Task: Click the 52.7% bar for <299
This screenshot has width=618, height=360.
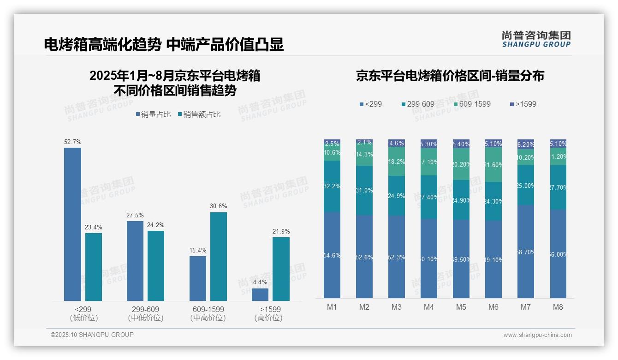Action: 72,224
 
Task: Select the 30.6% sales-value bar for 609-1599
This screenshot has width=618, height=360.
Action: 219,256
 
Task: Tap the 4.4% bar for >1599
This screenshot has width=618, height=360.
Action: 260,294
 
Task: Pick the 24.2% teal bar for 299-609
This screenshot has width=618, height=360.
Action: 156,265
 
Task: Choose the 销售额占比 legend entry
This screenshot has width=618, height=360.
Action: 199,114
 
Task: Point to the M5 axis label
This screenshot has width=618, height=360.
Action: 461,307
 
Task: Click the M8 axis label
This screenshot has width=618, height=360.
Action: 558,307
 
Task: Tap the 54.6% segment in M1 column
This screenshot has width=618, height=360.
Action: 332,255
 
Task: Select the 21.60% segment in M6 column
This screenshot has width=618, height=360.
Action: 493,164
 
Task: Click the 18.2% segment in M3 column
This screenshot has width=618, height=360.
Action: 397,162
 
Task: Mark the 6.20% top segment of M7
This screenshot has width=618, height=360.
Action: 525,144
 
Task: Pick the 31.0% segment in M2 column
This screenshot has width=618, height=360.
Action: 364,190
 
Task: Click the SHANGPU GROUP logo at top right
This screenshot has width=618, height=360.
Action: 536,39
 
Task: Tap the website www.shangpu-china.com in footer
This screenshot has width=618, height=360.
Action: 537,335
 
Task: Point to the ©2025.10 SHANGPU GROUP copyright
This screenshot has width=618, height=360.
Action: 92,335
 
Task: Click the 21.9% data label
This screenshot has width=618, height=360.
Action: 281,232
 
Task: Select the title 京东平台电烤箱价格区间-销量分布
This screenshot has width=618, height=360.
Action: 450,76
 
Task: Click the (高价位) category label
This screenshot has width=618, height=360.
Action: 268,318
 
